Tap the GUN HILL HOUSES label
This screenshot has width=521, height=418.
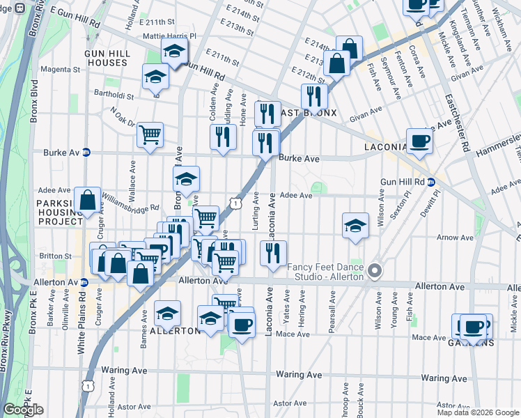click(x=106, y=58)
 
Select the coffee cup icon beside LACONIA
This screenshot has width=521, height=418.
click(x=419, y=141)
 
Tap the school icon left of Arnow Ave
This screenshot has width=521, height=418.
click(x=355, y=226)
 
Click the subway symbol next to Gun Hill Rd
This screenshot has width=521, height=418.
click(x=432, y=182)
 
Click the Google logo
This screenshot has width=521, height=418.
click(x=23, y=410)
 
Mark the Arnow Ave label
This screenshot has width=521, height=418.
click(x=456, y=238)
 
